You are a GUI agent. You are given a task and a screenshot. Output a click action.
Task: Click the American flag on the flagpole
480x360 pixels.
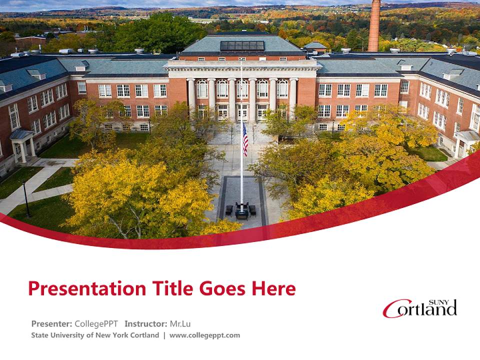coord(245,139)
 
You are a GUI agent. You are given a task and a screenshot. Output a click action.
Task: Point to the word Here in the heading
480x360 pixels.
coord(273,288)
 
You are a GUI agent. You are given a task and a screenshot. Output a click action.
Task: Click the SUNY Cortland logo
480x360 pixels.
coord(419,308)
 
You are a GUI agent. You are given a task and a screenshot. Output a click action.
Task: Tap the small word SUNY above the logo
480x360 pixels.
coord(446,302)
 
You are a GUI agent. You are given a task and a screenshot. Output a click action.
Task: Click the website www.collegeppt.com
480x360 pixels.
coord(204,335)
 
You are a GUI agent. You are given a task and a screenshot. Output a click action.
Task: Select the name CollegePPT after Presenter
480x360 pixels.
coord(96,323)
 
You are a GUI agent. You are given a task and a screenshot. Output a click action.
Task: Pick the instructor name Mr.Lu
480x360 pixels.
coord(180,323)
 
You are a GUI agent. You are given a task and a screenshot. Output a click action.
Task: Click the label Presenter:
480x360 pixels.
coord(51,323)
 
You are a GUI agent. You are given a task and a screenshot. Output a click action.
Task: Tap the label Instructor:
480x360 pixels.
coord(146,323)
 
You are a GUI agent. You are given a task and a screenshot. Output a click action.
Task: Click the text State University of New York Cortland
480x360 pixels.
coord(95,335)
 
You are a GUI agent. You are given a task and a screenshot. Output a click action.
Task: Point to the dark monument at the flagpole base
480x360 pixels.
coord(241,210)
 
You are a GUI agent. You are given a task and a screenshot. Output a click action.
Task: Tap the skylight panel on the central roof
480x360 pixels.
coord(242,45)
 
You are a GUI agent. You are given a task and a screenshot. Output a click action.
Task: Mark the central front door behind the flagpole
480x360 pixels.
coord(242,112)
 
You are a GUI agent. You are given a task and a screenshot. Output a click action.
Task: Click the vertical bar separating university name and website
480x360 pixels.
coord(164,335)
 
